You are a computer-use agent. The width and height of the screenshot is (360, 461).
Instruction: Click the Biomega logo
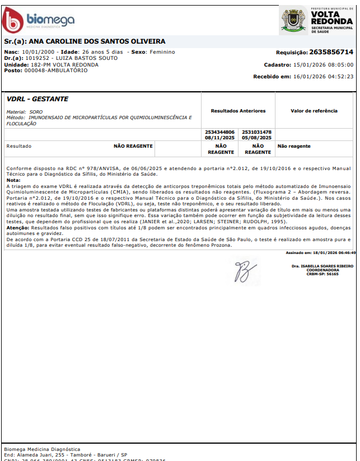pyautogui.click(x=38, y=21)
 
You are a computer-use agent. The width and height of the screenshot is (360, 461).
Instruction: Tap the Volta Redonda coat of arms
pyautogui.click(x=294, y=20)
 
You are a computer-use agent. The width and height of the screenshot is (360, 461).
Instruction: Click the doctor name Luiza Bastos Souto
pyautogui.click(x=69, y=58)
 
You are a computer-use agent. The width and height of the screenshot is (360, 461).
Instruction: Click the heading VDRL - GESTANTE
pyautogui.click(x=37, y=99)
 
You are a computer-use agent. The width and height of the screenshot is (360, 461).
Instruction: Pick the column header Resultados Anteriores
pyautogui.click(x=238, y=111)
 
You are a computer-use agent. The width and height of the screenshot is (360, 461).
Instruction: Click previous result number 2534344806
pyautogui.click(x=219, y=132)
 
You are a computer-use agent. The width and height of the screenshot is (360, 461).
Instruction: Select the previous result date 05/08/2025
pyautogui.click(x=256, y=137)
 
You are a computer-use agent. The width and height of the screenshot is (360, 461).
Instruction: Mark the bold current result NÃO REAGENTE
pyautogui.click(x=133, y=146)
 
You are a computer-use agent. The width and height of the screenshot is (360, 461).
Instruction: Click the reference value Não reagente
pyautogui.click(x=294, y=147)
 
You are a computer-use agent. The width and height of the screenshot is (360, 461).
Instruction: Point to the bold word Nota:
pyautogui.click(x=13, y=180)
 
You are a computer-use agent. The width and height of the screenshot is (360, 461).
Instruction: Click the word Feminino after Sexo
pyautogui.click(x=161, y=52)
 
